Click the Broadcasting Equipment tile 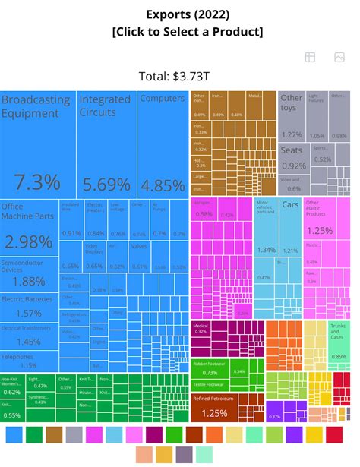(38, 144)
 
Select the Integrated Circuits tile (107, 144)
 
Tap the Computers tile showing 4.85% (163, 144)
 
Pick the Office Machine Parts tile (30, 228)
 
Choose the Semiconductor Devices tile (30, 273)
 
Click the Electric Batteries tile (30, 306)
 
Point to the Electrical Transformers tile (30, 335)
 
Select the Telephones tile (30, 360)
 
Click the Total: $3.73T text (179, 75)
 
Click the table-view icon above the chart (310, 58)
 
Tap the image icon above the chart (339, 58)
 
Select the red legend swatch (334, 434)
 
